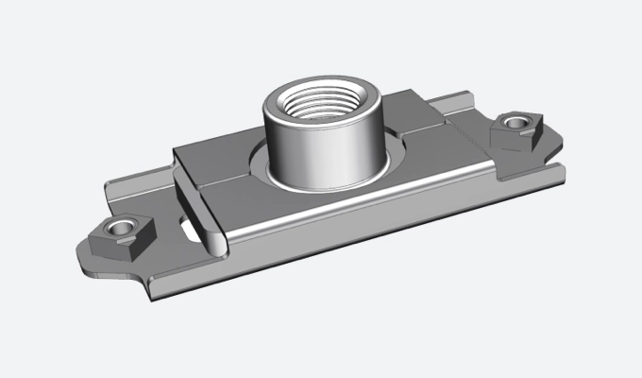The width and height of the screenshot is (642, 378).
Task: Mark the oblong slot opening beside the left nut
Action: [186, 226]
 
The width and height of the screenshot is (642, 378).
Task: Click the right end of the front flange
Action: [563, 171]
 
